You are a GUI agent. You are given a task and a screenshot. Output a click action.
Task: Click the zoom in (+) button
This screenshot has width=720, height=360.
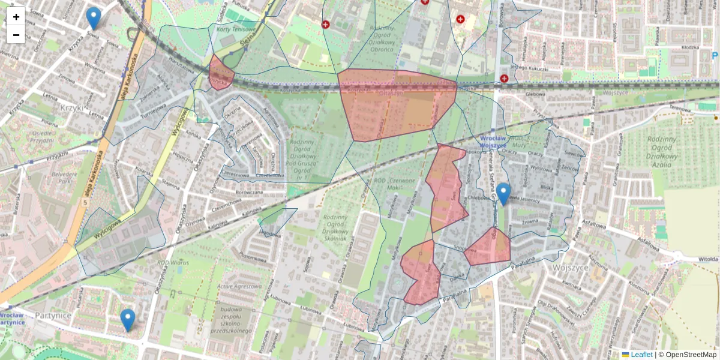(x=16, y=16)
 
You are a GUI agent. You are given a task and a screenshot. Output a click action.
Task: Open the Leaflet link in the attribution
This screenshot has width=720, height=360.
(x=641, y=355)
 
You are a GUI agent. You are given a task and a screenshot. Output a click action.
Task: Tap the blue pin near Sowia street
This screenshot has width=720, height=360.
(x=93, y=17)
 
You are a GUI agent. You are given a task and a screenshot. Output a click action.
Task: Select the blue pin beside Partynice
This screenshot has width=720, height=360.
(x=127, y=319)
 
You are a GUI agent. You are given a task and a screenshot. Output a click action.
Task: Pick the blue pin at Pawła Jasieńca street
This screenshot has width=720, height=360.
(x=503, y=193)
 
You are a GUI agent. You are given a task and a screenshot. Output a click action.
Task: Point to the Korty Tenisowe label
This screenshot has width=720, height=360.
(x=236, y=29)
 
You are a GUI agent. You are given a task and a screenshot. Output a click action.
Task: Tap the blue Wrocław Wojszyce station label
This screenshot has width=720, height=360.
(x=493, y=141)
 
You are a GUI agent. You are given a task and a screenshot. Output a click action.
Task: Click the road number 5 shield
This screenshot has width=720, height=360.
(x=85, y=202)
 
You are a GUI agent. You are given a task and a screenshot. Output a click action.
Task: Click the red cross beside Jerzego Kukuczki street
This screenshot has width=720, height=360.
(x=504, y=79)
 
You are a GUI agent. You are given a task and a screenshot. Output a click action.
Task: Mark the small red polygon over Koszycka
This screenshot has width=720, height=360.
(x=221, y=73)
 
